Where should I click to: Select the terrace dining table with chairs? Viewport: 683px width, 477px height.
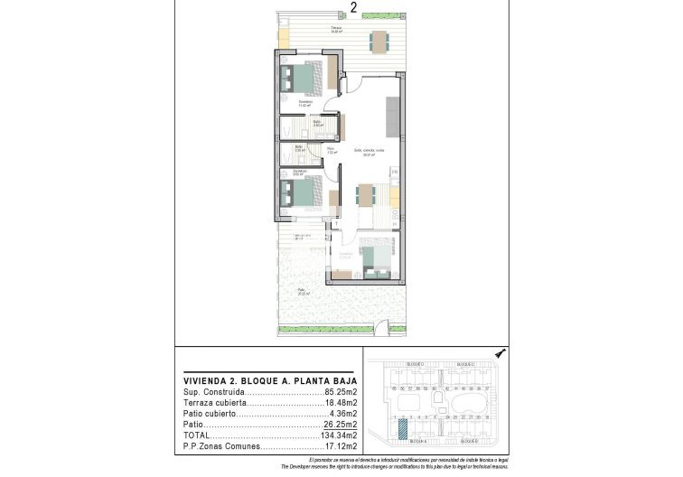[x=379, y=41]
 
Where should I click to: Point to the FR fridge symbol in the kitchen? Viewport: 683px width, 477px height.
[x=395, y=171]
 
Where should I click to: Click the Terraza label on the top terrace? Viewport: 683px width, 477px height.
[x=336, y=28]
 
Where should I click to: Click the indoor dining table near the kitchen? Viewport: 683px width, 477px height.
[x=364, y=195]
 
